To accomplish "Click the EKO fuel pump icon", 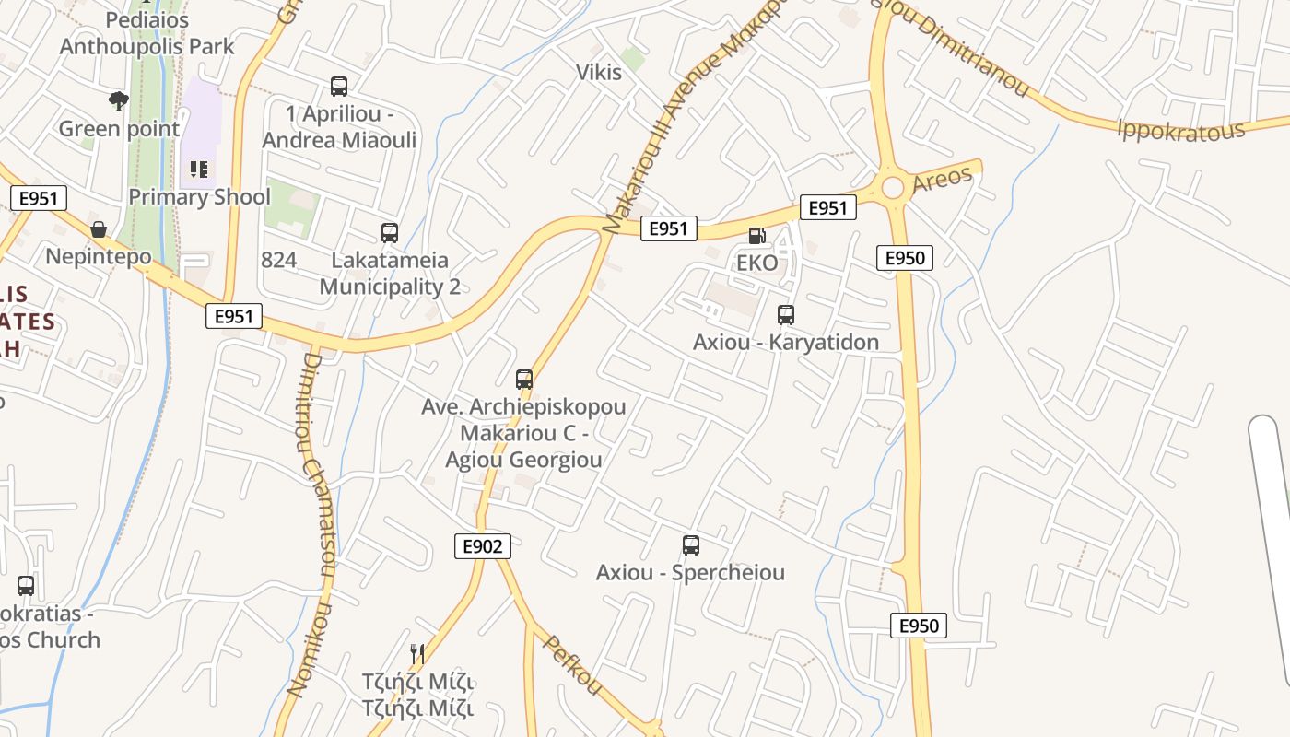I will click(756, 236).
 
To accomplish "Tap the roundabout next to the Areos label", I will click(892, 188).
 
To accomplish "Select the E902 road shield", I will click(483, 546).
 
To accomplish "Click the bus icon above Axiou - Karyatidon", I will click(786, 315).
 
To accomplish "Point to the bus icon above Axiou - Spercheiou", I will click(691, 545).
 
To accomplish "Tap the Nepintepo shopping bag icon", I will click(99, 228).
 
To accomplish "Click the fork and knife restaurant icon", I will click(418, 654).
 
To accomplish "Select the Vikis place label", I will click(599, 72).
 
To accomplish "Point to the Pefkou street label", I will click(572, 665).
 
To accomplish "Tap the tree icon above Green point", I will click(118, 100).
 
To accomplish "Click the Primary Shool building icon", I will click(199, 170).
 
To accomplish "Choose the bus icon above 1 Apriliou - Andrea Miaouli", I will click(339, 87).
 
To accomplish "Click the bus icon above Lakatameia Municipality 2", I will click(390, 233).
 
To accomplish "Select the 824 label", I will click(279, 260).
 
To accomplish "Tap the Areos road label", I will click(942, 179).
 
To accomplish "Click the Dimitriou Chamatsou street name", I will click(317, 461).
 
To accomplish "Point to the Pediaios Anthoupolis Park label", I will click(147, 33).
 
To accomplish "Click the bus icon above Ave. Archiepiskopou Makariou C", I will click(524, 379).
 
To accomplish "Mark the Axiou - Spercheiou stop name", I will click(690, 572).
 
